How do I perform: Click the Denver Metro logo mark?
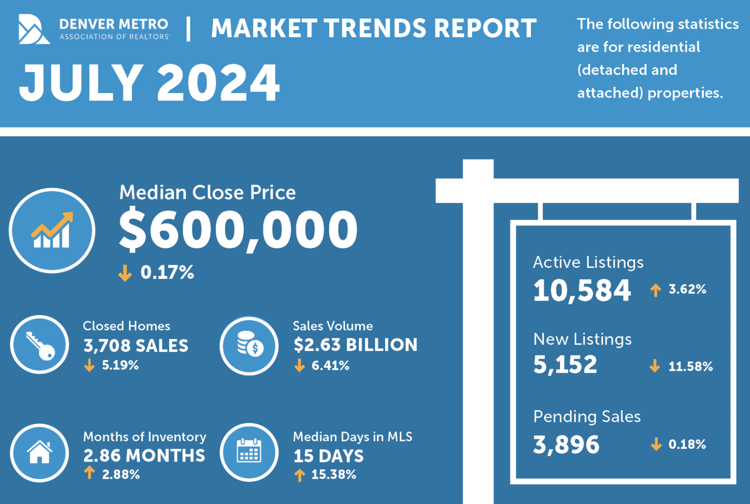pyautogui.click(x=33, y=29)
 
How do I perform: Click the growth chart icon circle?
pyautogui.click(x=52, y=230)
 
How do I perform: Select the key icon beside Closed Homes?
pyautogui.click(x=40, y=344)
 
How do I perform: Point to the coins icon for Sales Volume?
pyautogui.click(x=249, y=345)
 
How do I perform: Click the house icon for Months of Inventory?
pyautogui.click(x=40, y=453)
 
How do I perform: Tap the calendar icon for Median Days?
pyautogui.click(x=249, y=452)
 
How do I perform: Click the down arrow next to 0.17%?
pyautogui.click(x=125, y=273)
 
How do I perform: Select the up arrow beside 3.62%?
pyautogui.click(x=655, y=290)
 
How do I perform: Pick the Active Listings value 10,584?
pyautogui.click(x=582, y=291)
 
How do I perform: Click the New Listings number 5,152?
pyautogui.click(x=565, y=365)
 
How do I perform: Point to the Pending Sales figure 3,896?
pyautogui.click(x=566, y=445)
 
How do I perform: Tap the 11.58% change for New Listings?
pyautogui.click(x=690, y=367)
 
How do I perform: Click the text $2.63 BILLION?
pyautogui.click(x=355, y=345)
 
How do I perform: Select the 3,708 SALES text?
pyautogui.click(x=135, y=346)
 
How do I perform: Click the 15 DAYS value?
pyautogui.click(x=328, y=456)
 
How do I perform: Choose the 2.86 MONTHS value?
pyautogui.click(x=144, y=456)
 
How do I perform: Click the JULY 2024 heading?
pyautogui.click(x=149, y=83)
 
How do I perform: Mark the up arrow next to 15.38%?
pyautogui.click(x=300, y=475)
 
